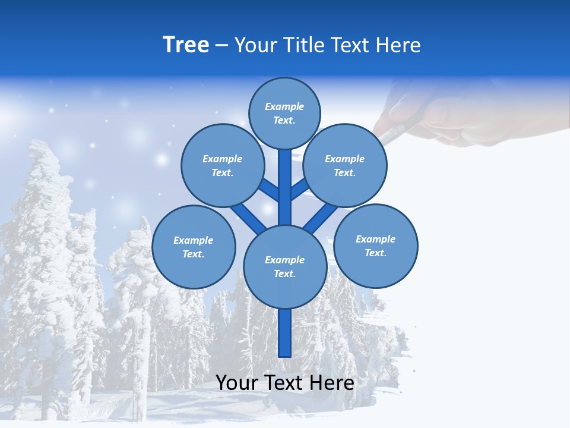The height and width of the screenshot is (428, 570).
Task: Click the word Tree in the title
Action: point(186,45)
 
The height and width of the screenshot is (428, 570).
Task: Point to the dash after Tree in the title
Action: point(221,46)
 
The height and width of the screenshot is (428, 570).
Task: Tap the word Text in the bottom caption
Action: point(284,383)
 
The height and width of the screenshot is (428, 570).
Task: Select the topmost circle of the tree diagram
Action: point(284,114)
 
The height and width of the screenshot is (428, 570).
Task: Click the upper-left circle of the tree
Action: point(223,166)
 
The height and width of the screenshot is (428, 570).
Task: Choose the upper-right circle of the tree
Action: point(345,166)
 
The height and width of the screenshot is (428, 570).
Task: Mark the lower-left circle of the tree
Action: point(194,247)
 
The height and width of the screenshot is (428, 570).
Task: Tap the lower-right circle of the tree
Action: point(376,246)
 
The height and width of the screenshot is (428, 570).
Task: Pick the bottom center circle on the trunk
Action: point(285,267)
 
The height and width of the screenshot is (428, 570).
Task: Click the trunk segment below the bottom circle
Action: point(285,333)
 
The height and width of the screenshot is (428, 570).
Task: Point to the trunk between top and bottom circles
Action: point(285,187)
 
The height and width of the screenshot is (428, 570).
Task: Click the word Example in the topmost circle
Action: point(284,107)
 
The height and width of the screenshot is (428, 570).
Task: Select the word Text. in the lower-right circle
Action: point(376,253)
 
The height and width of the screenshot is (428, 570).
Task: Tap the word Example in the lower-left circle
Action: point(194,241)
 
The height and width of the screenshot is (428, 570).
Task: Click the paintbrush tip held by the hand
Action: point(385,136)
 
